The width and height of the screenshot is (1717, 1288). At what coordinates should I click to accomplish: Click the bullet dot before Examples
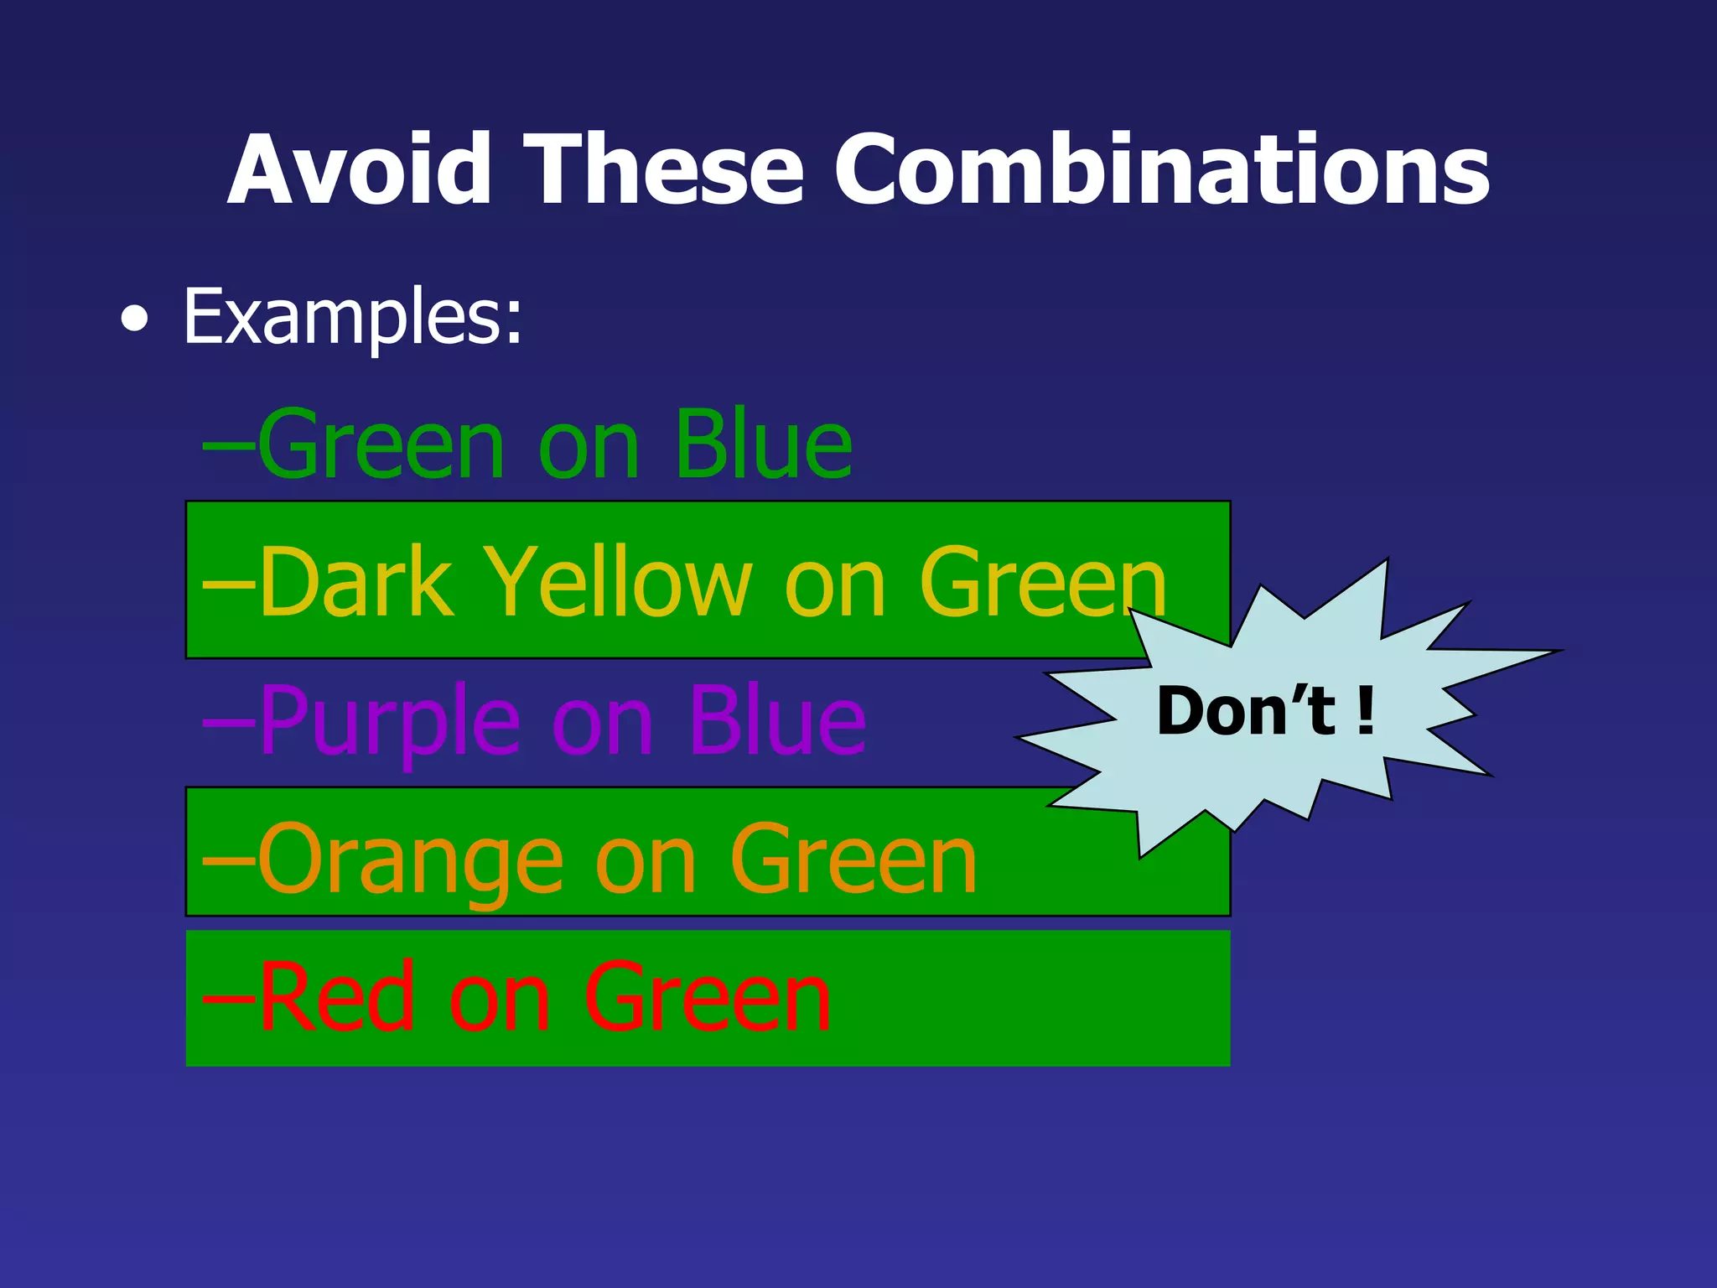(x=135, y=319)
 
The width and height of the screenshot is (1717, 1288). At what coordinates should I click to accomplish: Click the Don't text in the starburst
(x=1246, y=711)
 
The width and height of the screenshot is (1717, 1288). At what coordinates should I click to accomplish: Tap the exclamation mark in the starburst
(x=1366, y=711)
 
